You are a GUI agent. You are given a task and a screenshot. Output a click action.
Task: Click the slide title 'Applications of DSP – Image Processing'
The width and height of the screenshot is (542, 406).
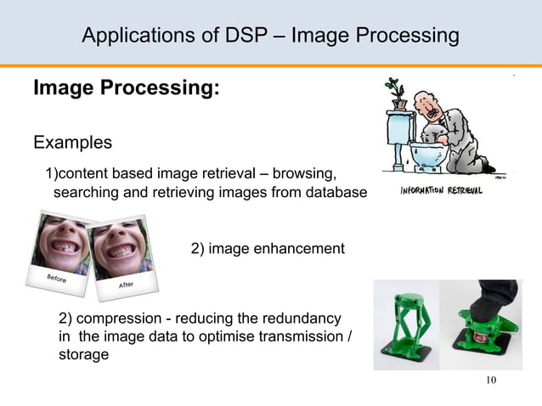point(270,36)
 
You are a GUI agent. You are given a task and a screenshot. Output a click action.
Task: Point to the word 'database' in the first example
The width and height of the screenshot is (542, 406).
point(335,193)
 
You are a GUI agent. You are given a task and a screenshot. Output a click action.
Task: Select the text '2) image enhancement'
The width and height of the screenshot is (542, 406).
point(267,249)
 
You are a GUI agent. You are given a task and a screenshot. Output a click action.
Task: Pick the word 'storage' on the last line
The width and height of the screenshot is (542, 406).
point(83,354)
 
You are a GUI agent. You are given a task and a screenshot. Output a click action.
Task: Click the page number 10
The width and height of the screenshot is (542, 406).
point(488,379)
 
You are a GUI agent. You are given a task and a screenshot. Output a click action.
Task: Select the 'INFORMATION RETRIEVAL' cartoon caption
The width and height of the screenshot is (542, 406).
point(441,191)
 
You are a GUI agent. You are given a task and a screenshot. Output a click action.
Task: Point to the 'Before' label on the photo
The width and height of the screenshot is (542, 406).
point(44,281)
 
